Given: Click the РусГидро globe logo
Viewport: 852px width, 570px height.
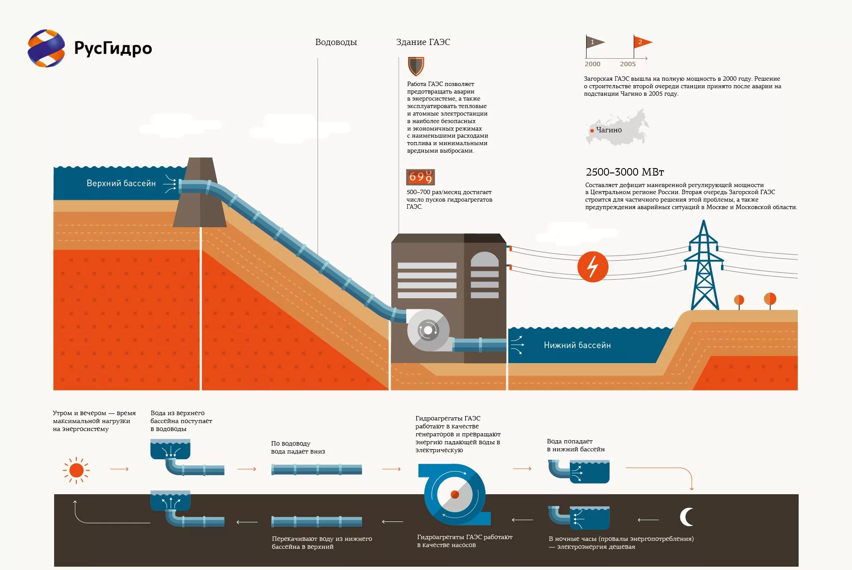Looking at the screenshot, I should pos(46,49).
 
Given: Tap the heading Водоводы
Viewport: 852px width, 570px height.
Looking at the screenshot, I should pos(336,42).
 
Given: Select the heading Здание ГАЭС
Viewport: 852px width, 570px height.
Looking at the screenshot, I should pos(422,42).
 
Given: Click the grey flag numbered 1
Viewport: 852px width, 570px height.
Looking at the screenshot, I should pos(594,42).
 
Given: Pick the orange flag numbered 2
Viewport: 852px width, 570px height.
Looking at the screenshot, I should pos(642,42).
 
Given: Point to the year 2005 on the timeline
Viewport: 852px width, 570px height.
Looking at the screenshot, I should pos(628,64).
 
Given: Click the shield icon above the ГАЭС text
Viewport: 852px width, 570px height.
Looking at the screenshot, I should pos(415,66).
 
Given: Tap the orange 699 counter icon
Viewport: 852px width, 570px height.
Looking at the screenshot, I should pos(420,177).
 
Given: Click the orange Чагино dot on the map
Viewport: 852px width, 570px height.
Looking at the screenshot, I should pos(592,131).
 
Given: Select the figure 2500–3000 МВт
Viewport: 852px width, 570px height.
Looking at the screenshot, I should pos(624,172).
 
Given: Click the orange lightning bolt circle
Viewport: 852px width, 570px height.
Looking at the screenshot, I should pos(593,266).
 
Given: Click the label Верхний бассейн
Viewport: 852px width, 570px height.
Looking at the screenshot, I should pos(121,184).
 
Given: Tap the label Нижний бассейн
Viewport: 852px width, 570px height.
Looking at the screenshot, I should pos(577,345).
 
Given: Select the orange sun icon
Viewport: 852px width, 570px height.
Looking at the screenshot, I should pos(76,470).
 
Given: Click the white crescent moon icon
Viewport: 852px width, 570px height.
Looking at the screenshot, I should pos(686,517).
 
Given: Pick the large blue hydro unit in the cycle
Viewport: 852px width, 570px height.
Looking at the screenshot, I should pos(454,494).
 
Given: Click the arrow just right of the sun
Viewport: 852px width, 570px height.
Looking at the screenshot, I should pos(119,469).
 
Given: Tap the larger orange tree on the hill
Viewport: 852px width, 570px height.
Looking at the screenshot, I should pos(770,299).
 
